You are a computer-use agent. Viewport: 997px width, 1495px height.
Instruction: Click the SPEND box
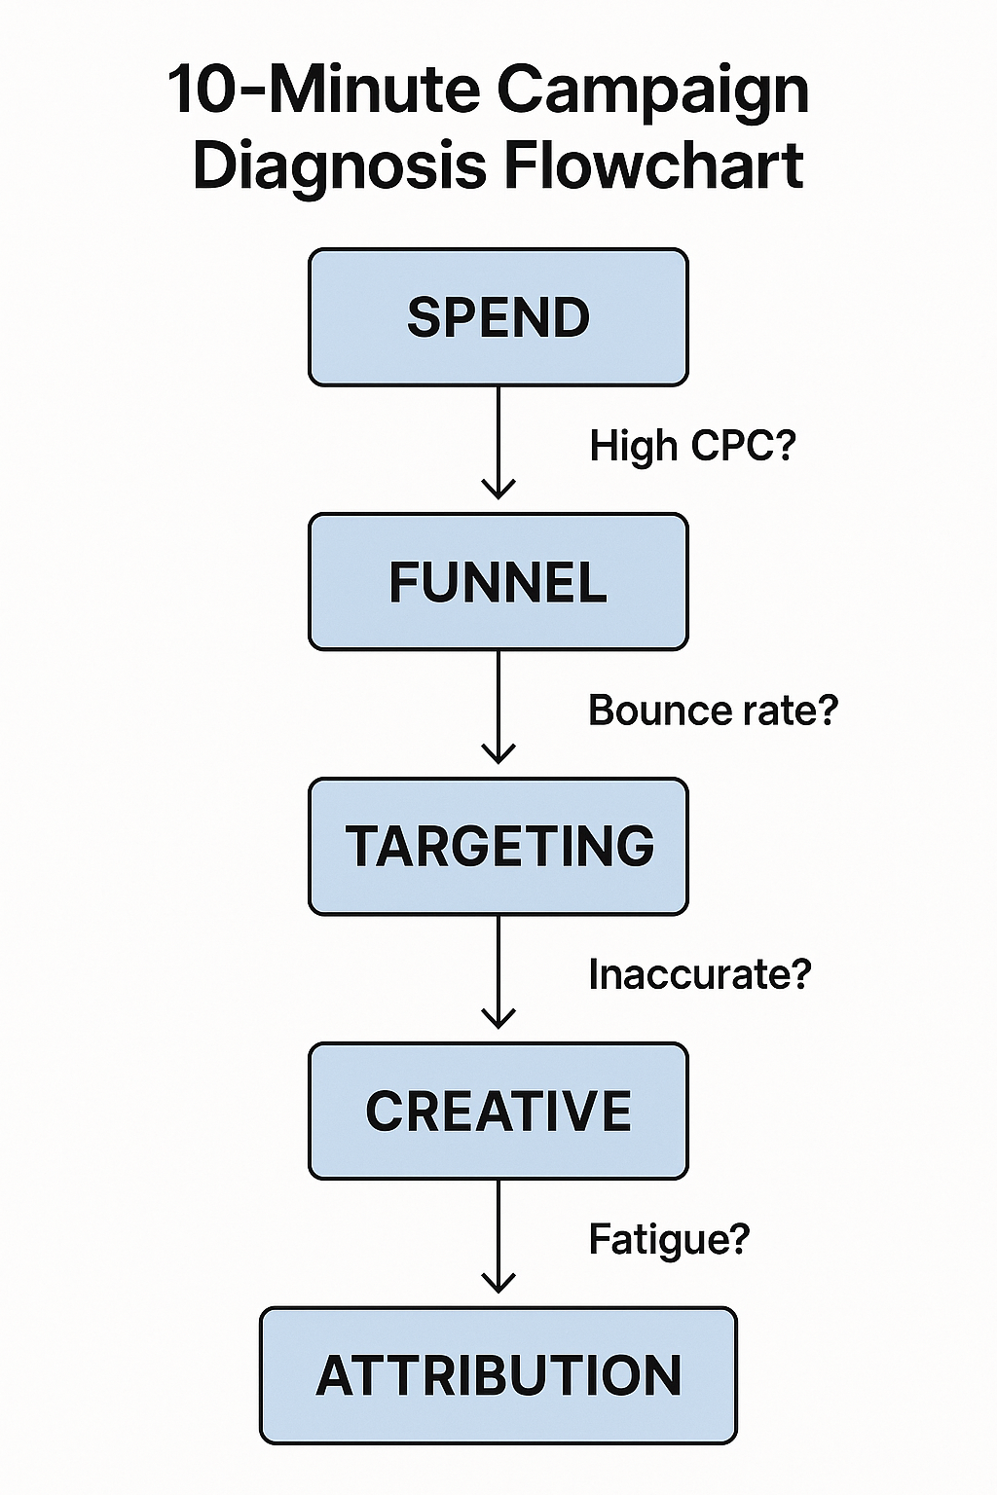498,317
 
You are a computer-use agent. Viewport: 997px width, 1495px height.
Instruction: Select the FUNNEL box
498,582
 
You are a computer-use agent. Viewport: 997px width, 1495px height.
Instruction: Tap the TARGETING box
498,846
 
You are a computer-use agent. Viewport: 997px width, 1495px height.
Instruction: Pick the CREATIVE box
498,1111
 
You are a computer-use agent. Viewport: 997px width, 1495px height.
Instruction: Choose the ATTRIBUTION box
498,1375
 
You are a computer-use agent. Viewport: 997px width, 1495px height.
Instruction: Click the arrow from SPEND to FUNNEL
498,443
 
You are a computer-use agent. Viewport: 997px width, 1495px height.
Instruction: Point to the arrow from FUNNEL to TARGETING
498,708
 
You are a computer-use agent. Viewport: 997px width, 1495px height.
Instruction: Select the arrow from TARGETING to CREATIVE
498,971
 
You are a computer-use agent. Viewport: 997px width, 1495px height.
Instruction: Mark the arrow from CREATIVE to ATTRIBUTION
498,1236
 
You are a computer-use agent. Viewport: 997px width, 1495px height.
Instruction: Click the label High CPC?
692,446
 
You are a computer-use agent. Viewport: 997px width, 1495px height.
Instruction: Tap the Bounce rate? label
713,711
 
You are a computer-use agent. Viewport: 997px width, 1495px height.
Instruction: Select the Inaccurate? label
699,974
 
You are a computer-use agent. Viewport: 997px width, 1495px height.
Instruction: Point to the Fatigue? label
669,1239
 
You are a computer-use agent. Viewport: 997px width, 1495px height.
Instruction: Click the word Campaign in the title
652,92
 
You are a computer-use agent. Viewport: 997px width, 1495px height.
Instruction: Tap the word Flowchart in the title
653,165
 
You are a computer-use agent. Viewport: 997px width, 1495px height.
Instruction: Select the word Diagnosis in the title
339,165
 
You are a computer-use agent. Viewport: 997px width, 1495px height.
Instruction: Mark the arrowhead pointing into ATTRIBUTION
498,1284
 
